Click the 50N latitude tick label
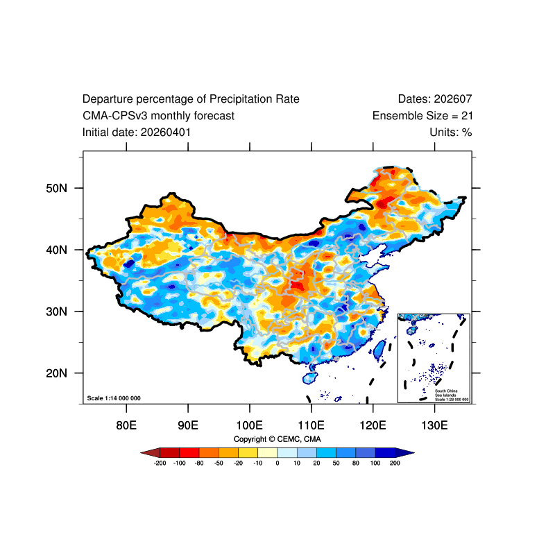tap(57, 188)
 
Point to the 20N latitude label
tap(57, 373)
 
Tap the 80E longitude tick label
tap(126, 425)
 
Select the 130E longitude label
tap(435, 425)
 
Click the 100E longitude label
tap(250, 425)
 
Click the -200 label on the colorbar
tap(160, 463)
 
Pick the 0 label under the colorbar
tap(277, 463)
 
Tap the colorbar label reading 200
tap(395, 463)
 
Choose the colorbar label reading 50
tap(336, 463)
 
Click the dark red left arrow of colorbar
tap(151, 453)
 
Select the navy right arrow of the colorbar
tap(404, 453)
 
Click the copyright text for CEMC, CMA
tap(277, 439)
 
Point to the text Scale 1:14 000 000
tap(114, 398)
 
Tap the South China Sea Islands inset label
tap(452, 395)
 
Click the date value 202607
tap(453, 99)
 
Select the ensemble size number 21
tap(467, 116)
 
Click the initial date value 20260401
tap(166, 133)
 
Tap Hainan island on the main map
tap(310, 378)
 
